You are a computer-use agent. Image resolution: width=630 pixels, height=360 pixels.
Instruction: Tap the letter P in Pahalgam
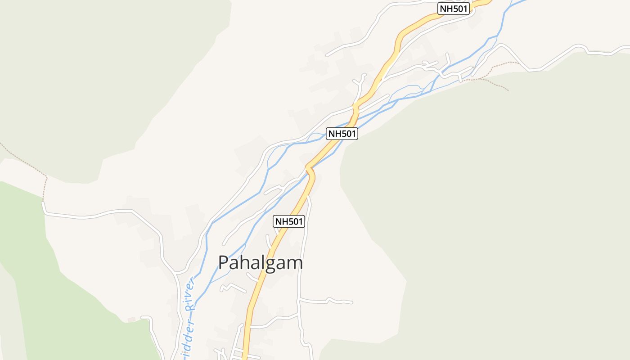tap(224, 263)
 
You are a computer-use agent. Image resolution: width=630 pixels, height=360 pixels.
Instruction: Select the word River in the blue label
tap(191, 295)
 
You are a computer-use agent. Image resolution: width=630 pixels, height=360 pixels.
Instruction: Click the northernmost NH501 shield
tap(454, 9)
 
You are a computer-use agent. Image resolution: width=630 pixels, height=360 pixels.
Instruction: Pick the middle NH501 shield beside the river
tap(342, 134)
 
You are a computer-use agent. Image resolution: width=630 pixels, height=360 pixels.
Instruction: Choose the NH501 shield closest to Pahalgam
tap(289, 221)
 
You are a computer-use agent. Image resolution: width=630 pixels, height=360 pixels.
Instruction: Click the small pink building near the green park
tap(131, 319)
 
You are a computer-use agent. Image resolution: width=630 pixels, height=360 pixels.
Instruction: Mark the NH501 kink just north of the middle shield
tap(355, 108)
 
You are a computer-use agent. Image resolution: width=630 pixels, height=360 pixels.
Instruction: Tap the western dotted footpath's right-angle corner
tap(46, 177)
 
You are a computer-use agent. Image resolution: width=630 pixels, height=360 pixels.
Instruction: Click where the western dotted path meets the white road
tap(43, 202)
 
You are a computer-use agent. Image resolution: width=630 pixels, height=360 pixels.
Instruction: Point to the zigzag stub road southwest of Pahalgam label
tap(232, 286)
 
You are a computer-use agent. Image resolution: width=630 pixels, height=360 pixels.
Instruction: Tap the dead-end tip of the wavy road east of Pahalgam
tap(352, 302)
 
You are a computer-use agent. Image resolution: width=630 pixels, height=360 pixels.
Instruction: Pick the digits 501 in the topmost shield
tap(460, 9)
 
